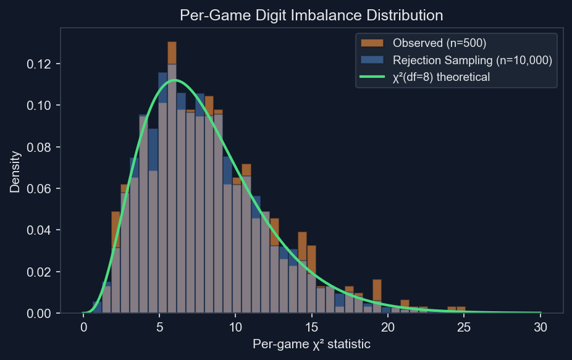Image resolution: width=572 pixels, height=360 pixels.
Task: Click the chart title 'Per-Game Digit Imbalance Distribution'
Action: (x=311, y=15)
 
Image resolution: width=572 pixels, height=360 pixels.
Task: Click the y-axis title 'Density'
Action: (x=15, y=170)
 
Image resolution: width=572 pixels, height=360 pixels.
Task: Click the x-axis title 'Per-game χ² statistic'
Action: (x=311, y=345)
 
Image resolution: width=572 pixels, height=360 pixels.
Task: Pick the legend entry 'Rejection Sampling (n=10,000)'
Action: (x=472, y=60)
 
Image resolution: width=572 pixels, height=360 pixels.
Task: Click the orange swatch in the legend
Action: (x=372, y=43)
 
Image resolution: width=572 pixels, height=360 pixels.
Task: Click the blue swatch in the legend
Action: (x=372, y=60)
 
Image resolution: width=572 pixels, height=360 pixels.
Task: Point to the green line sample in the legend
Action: (x=372, y=77)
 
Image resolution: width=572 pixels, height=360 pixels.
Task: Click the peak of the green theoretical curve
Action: (x=175, y=80)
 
